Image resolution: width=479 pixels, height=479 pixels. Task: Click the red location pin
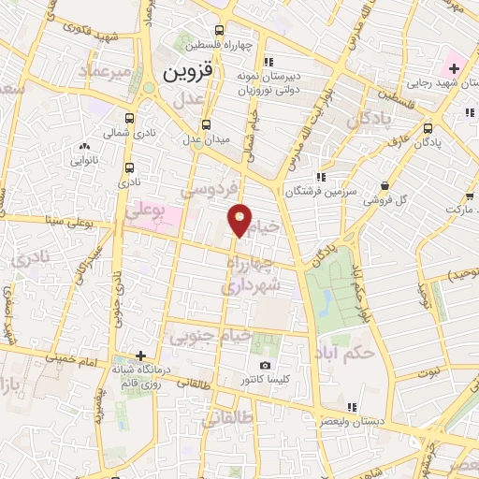click(240, 221)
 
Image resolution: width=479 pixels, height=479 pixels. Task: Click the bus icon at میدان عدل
click(206, 123)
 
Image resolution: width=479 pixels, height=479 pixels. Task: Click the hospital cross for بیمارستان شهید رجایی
click(453, 68)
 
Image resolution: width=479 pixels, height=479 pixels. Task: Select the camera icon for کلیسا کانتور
click(264, 365)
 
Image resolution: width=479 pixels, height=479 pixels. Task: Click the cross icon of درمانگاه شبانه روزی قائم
click(140, 356)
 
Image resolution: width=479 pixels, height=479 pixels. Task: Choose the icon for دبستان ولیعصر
click(353, 406)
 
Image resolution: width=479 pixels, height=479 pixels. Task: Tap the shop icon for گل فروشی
click(386, 186)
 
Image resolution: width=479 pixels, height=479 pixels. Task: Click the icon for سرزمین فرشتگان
click(321, 176)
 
